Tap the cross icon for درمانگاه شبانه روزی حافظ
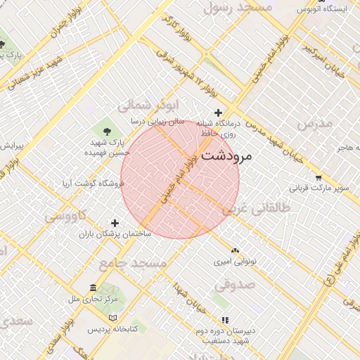219,112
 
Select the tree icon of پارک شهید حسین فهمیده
107,131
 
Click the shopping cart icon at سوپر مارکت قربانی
319,177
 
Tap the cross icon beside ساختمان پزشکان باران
116,223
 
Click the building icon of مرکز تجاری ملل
94,288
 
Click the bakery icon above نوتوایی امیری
235,250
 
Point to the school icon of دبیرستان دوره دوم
225,320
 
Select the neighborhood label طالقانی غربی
255,209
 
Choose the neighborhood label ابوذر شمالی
144,105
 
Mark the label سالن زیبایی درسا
157,122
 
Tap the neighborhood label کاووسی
66,215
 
